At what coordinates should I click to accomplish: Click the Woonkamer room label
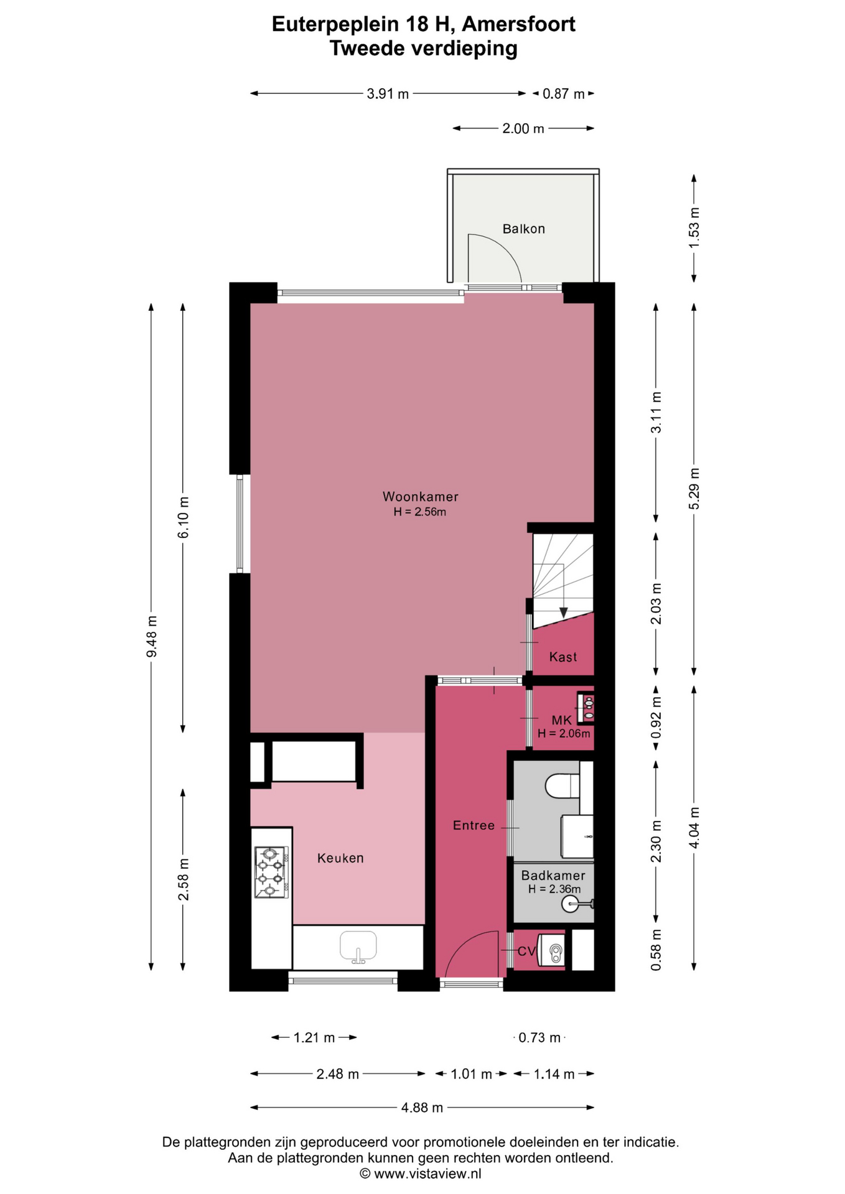420,497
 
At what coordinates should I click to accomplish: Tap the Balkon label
523,229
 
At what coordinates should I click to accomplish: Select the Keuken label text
340,858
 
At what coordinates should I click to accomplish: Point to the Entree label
474,825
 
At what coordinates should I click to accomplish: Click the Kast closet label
563,657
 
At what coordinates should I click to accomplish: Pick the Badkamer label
553,875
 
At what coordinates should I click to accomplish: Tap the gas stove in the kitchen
271,872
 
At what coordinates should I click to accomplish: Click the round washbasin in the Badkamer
572,904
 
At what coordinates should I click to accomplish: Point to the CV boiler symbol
552,950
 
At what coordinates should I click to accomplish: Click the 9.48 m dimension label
151,636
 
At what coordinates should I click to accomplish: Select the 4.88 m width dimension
422,1108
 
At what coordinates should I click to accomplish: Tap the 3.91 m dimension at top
388,94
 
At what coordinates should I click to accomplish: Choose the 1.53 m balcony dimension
694,228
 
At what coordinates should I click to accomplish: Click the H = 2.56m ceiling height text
420,512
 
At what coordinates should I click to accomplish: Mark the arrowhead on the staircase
563,613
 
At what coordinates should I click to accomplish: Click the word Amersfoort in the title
519,24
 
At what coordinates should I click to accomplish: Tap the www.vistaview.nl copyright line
421,1173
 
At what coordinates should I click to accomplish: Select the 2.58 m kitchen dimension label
183,879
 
